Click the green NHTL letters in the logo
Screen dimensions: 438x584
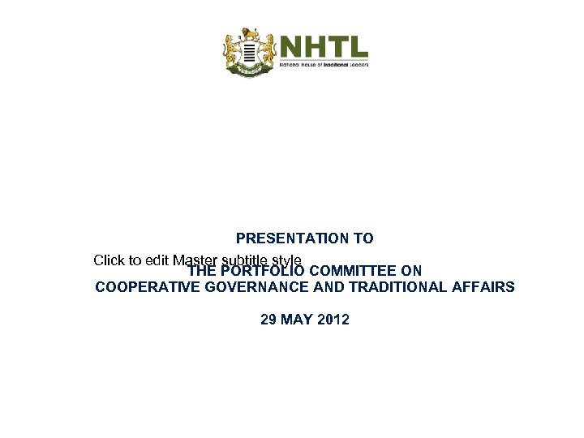coord(324,46)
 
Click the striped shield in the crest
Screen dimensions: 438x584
coord(251,54)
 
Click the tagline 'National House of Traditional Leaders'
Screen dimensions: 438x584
coord(324,63)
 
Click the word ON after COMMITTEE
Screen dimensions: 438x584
coord(412,271)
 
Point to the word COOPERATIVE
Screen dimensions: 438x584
coord(144,287)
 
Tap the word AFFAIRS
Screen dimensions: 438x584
coord(485,287)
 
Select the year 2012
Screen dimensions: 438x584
coord(333,320)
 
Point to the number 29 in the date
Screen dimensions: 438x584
coord(268,320)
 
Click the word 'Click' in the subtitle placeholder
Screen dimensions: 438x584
coord(109,260)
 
